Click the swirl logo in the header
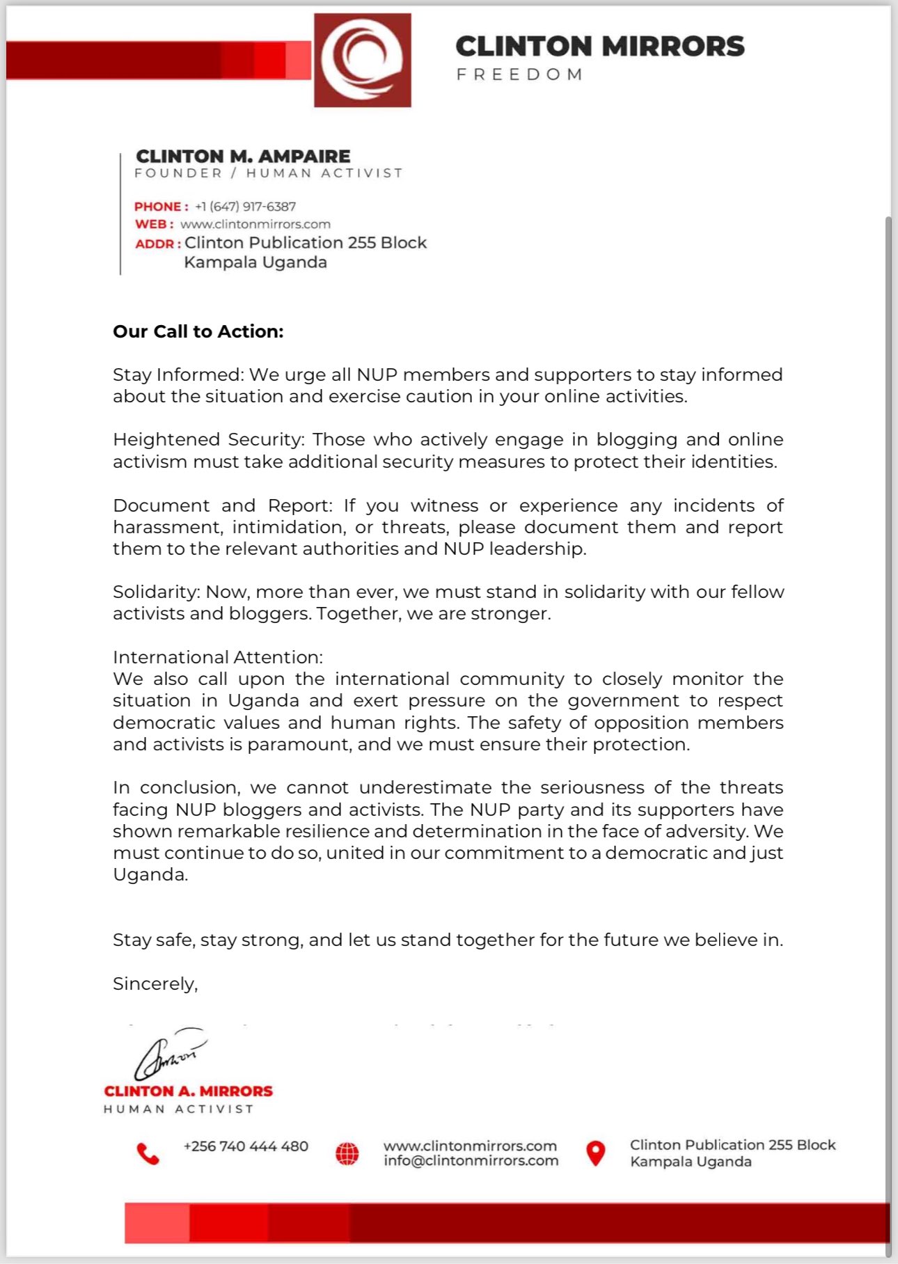click(363, 61)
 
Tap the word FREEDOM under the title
click(519, 74)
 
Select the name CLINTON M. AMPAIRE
click(243, 156)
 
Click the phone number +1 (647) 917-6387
click(245, 207)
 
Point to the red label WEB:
click(154, 224)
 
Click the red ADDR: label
click(158, 244)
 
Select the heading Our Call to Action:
click(198, 331)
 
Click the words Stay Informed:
click(178, 374)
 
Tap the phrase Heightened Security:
click(208, 439)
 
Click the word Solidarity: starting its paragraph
click(157, 592)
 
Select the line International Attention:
click(218, 657)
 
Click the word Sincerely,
click(155, 983)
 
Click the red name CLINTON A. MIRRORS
click(188, 1091)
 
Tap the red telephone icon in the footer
click(148, 1153)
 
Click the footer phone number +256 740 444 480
click(246, 1146)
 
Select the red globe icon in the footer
click(347, 1153)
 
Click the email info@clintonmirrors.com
click(471, 1161)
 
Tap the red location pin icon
click(595, 1153)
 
